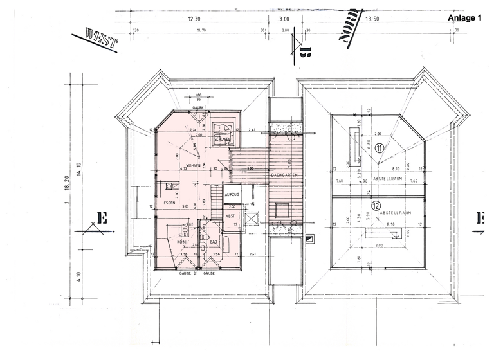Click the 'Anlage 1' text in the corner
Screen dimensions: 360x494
pos(464,19)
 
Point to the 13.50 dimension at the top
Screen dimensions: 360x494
pos(372,19)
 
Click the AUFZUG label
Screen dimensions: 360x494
pos(232,194)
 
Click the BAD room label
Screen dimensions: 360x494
pos(215,243)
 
